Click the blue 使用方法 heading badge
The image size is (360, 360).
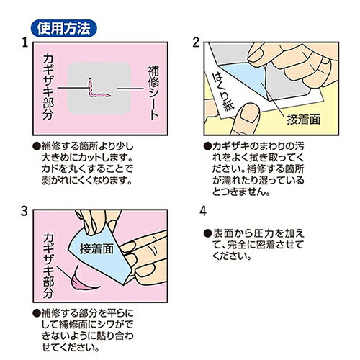[64, 28]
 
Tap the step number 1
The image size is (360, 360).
[25, 43]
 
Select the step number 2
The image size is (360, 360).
[196, 42]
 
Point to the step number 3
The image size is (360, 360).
[24, 212]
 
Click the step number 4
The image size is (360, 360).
[203, 212]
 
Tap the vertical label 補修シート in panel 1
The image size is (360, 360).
[153, 92]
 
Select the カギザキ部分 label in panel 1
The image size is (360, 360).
[48, 87]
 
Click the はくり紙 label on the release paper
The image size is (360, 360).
[223, 91]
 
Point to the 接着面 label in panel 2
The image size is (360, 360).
[303, 120]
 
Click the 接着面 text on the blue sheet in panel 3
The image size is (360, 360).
[96, 249]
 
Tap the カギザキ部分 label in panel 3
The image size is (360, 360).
[48, 266]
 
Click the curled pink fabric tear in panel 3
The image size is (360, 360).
[83, 281]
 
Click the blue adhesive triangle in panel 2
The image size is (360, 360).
[245, 78]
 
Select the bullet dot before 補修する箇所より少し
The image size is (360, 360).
[37, 146]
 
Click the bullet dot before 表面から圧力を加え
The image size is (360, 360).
[207, 233]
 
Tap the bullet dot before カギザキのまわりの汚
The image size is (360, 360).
[207, 146]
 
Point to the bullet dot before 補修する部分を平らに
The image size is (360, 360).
[37, 313]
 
